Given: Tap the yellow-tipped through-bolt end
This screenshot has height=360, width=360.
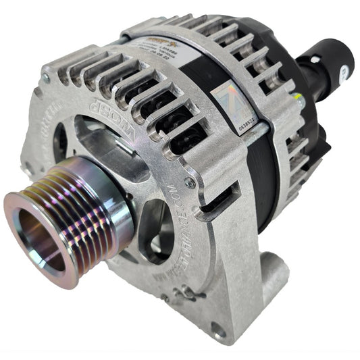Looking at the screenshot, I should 297,102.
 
